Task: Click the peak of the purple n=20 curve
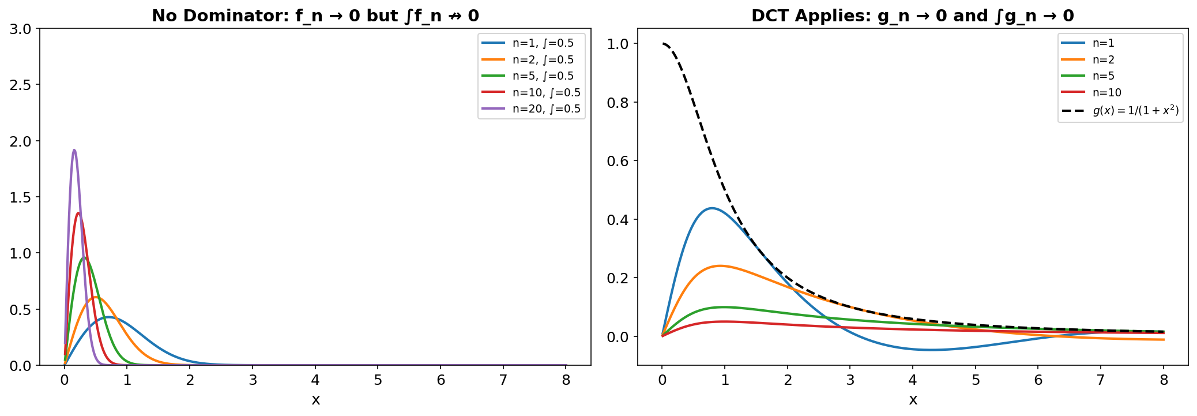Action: (x=74, y=150)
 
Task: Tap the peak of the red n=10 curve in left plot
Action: (x=78, y=213)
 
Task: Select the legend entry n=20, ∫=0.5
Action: (x=546, y=109)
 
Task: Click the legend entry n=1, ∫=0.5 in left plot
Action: (x=543, y=43)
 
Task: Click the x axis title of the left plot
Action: (x=315, y=400)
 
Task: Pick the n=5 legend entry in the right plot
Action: (x=1103, y=76)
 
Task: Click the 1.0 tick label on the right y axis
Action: (x=618, y=44)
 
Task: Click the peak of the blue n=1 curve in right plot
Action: (x=712, y=208)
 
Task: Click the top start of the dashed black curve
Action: (x=663, y=44)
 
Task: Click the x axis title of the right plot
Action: (x=913, y=400)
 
